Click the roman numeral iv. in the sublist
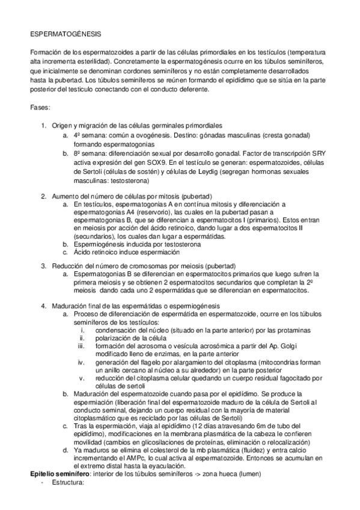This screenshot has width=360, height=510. [82, 363]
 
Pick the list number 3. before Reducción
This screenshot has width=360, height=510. [44, 265]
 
